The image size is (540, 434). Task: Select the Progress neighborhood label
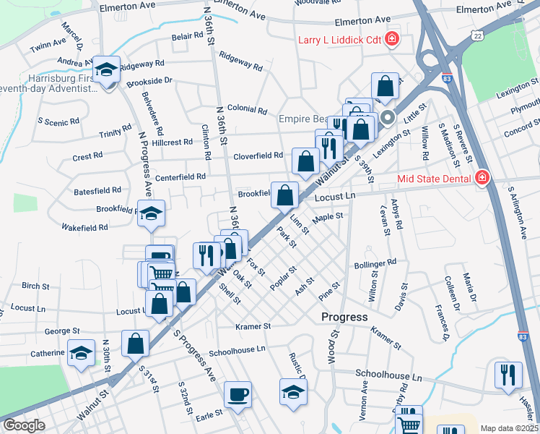click(344, 317)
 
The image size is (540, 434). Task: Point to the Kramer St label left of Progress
click(253, 326)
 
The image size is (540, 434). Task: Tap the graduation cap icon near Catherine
click(82, 353)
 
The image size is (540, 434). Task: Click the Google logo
click(24, 425)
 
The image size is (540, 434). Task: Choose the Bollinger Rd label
click(375, 263)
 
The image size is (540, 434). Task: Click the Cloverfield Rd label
click(258, 156)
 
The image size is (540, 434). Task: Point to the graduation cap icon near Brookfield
click(152, 213)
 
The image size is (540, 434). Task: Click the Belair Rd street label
click(187, 35)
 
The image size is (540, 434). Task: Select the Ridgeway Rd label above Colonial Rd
click(240, 60)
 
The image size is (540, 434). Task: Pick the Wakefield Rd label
click(84, 226)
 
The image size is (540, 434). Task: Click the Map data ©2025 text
click(509, 427)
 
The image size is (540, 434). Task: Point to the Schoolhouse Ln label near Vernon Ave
click(388, 377)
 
